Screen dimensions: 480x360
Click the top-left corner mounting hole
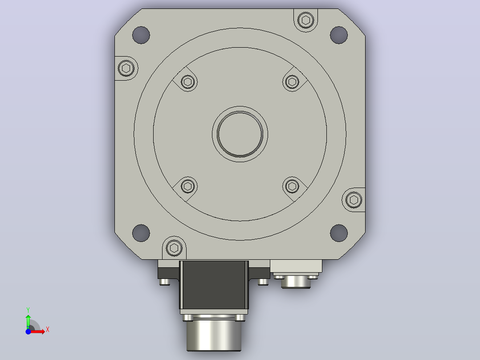[x=141, y=35]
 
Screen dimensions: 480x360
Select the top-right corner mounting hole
[x=339, y=35]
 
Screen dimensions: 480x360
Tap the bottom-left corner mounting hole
[x=141, y=233]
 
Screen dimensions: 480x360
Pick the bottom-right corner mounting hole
[x=339, y=233]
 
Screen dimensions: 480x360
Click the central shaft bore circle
[x=240, y=134]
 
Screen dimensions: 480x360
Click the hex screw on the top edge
[x=306, y=20]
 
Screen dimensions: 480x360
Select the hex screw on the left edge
[x=126, y=68]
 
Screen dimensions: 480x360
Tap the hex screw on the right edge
[x=354, y=200]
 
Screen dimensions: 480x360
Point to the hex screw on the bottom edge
[x=174, y=248]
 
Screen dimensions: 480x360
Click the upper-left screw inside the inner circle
[x=188, y=82]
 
